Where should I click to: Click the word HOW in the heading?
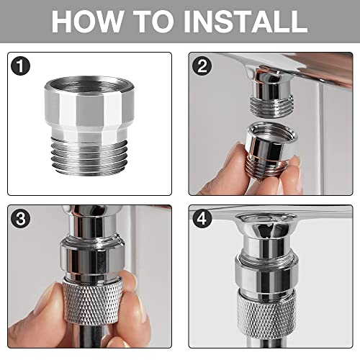[x=87, y=21]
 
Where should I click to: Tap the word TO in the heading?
[x=153, y=21]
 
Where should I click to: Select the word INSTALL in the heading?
[x=246, y=21]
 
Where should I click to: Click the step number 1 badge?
[x=21, y=66]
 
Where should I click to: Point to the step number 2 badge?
[x=202, y=66]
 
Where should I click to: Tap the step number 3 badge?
[x=21, y=219]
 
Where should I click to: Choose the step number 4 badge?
[x=202, y=219]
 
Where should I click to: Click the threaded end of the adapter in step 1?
[x=89, y=156]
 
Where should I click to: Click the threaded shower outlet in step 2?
[x=271, y=106]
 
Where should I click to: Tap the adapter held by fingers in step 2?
[x=271, y=149]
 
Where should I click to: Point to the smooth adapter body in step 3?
[x=92, y=260]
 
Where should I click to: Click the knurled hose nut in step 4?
[x=267, y=314]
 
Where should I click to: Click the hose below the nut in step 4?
[x=266, y=343]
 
